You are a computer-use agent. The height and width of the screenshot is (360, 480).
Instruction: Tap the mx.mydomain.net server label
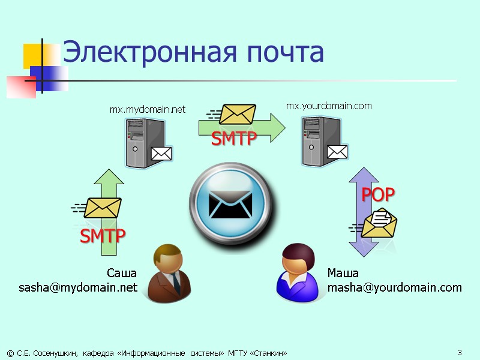[x=148, y=110]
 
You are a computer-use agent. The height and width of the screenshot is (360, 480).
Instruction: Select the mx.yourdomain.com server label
[x=329, y=106]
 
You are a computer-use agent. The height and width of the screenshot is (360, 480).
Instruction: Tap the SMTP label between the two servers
[x=233, y=139]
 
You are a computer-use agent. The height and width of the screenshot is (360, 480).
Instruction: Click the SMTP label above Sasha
[x=103, y=236]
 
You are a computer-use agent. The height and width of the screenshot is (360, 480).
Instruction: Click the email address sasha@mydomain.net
[x=78, y=288]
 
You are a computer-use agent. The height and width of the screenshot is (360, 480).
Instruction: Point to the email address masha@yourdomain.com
[x=394, y=288]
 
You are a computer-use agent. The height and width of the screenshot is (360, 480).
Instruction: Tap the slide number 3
[x=459, y=352]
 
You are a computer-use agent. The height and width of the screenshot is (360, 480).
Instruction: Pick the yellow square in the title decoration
[x=33, y=55]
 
